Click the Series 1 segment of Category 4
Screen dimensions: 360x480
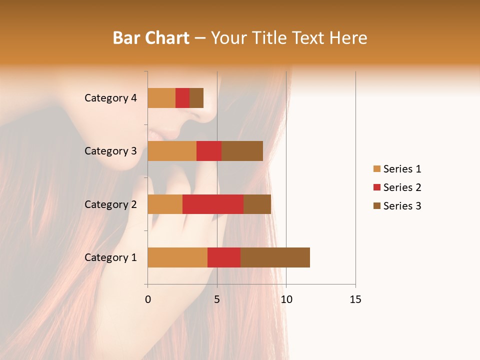click(x=161, y=98)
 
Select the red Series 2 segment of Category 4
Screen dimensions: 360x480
click(x=182, y=98)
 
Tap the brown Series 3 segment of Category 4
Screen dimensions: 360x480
click(x=196, y=98)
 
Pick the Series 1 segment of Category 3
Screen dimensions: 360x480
click(x=172, y=151)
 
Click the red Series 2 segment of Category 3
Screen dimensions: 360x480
click(x=209, y=151)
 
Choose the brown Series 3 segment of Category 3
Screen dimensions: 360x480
click(x=242, y=151)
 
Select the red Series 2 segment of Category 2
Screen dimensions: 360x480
click(x=213, y=204)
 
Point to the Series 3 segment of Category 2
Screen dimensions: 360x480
click(x=257, y=204)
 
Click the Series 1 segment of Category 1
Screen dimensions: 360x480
click(x=177, y=257)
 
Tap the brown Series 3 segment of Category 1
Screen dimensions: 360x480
click(x=275, y=257)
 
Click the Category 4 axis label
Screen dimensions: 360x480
click(x=110, y=98)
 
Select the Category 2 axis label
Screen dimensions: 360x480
click(x=110, y=204)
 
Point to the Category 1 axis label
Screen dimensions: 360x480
click(x=110, y=257)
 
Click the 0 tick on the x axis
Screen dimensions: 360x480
click(x=148, y=299)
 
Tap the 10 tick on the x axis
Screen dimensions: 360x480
click(x=286, y=299)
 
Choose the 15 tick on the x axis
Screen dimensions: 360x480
click(x=355, y=299)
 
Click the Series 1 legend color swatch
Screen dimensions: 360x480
click(x=376, y=169)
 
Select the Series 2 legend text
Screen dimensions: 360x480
click(x=402, y=187)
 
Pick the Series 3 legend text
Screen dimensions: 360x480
click(x=402, y=206)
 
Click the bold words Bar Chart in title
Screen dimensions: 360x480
click(x=151, y=37)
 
